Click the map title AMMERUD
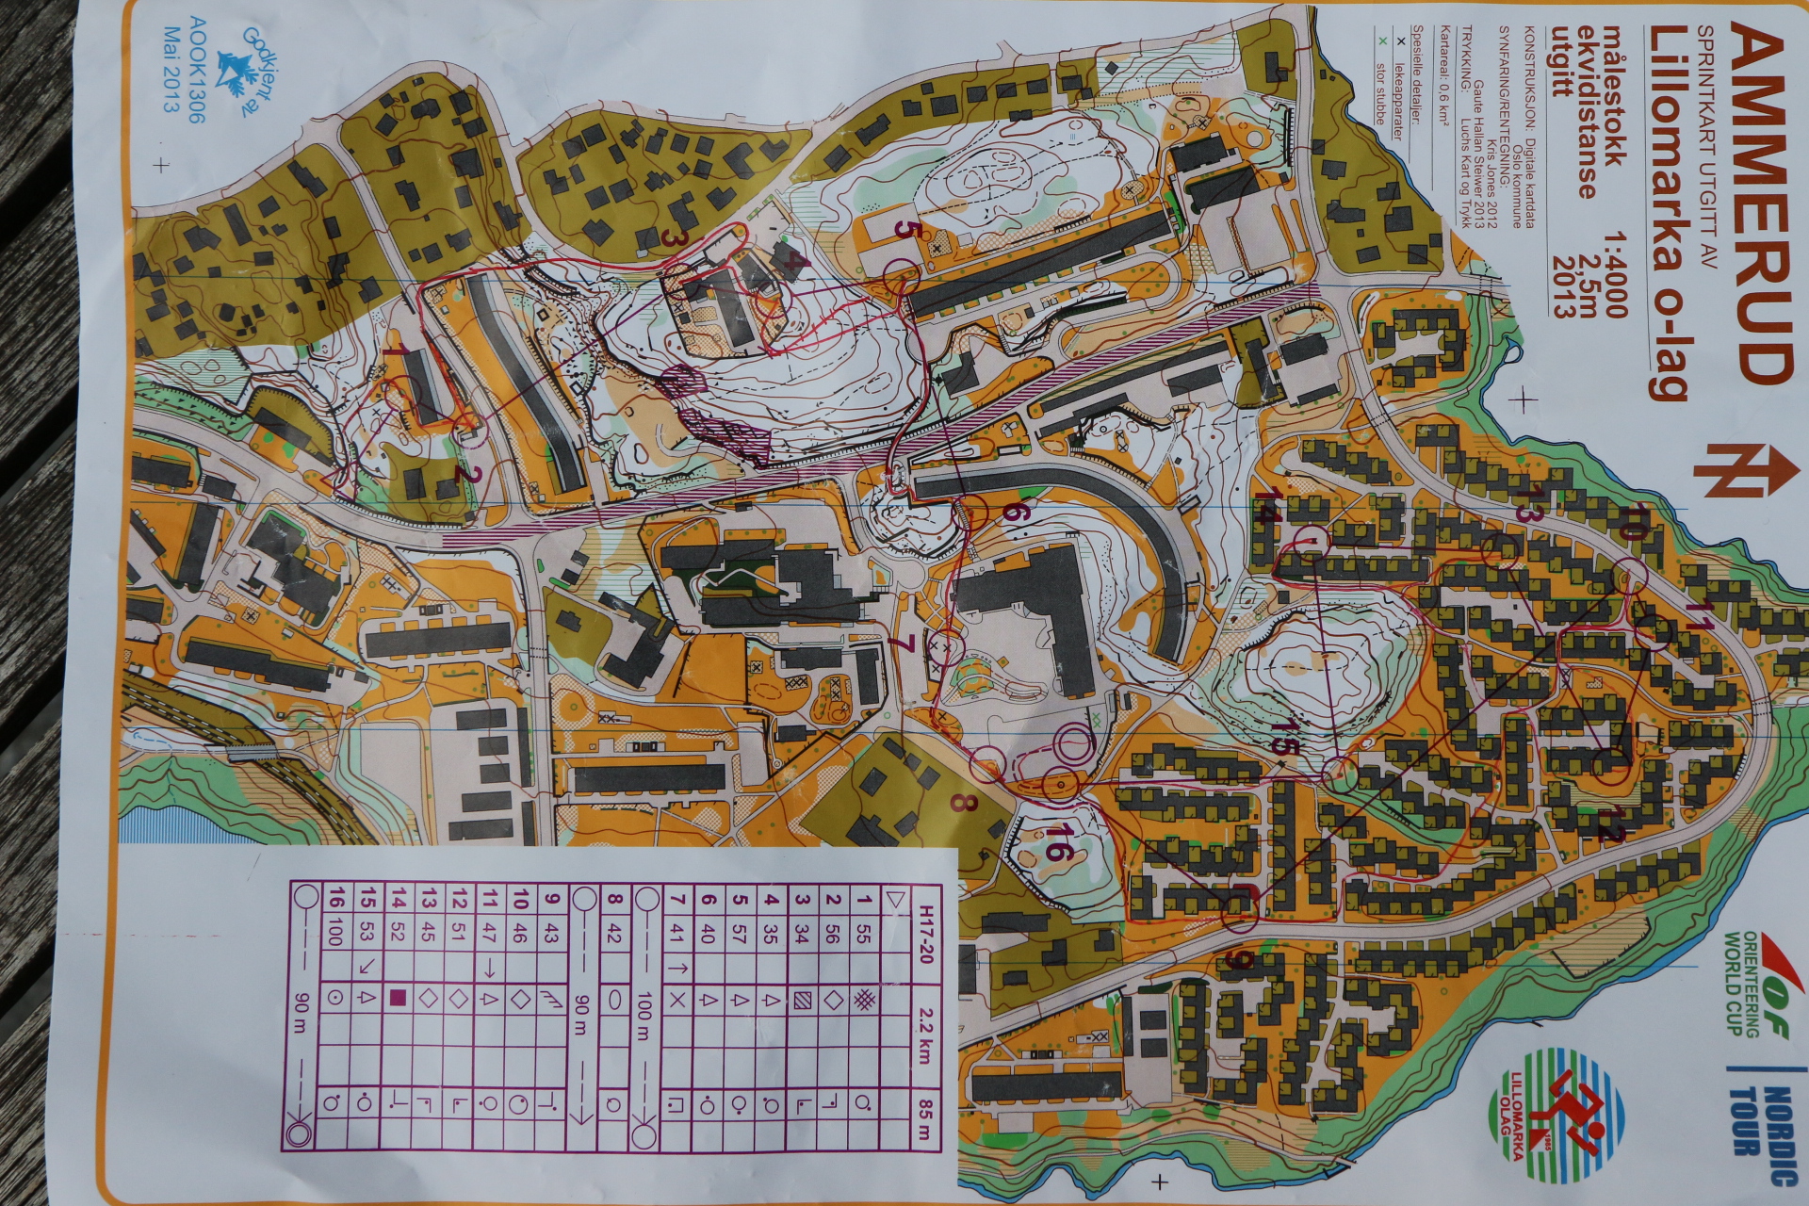coord(1758,203)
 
